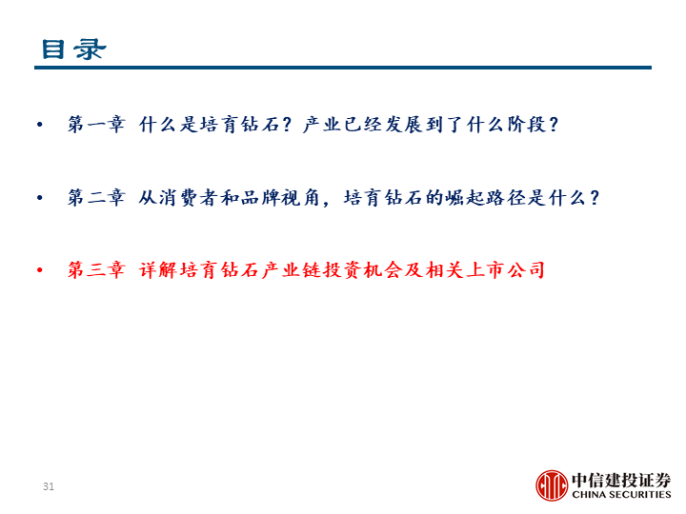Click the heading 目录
pyautogui.click(x=73, y=49)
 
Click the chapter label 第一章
pyautogui.click(x=96, y=125)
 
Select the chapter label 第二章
pyautogui.click(x=96, y=198)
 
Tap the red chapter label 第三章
pyautogui.click(x=96, y=269)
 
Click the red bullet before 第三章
pyautogui.click(x=40, y=270)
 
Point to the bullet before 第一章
pyautogui.click(x=40, y=125)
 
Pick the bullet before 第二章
pyautogui.click(x=40, y=198)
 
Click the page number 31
pyautogui.click(x=49, y=486)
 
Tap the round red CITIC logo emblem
pyautogui.click(x=552, y=485)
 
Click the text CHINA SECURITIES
pyautogui.click(x=621, y=494)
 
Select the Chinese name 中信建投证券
pyautogui.click(x=621, y=480)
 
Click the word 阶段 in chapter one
pyautogui.click(x=527, y=125)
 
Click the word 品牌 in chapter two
pyautogui.click(x=261, y=198)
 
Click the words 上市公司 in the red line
pyautogui.click(x=505, y=269)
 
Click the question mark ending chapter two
pyautogui.click(x=595, y=198)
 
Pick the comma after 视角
pyautogui.click(x=326, y=204)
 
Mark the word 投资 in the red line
pyautogui.click(x=343, y=269)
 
